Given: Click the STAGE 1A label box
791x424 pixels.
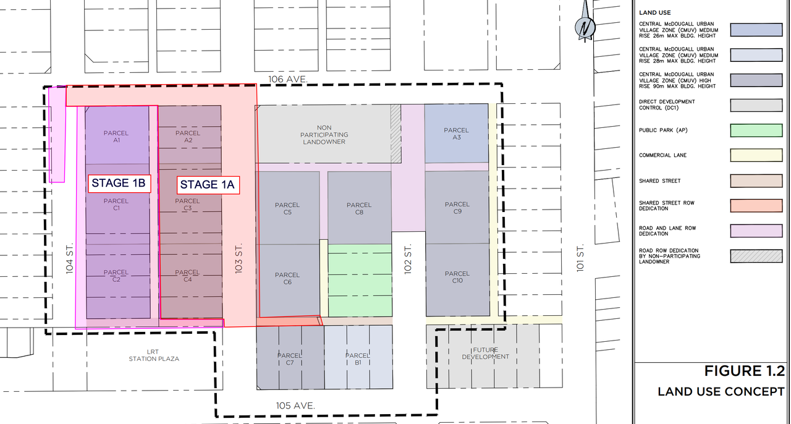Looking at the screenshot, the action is pos(208,185).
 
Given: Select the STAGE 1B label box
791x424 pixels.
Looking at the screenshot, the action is pos(119,184).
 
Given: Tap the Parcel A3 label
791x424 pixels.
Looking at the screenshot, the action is pos(457,134).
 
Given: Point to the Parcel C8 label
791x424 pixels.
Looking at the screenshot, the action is pos(359,208).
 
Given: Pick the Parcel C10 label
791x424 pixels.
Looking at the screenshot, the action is pos(457,277).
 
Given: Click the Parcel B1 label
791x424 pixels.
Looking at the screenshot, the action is pos(358,359).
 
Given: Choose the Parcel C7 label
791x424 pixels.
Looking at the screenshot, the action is pos(290,359).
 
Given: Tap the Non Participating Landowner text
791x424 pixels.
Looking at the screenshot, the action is pos(324,135).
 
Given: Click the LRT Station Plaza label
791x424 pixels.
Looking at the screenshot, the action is pos(154,355).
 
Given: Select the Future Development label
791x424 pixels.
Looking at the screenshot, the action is pos(486,354).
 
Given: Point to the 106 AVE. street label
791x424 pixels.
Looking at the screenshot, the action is pos(288,79).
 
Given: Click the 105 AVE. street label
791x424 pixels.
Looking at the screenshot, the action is pos(295,405).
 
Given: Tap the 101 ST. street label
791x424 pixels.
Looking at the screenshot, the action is pos(580,258).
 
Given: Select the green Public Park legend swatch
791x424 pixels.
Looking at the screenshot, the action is pos(756,130).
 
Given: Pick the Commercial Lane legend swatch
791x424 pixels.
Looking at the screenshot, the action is pos(756,156).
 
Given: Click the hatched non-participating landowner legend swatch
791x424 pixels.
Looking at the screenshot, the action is pos(756,256).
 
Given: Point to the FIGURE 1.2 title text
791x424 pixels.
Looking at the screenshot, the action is pos(745,371).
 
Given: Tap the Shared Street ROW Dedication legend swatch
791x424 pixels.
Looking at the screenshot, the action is pos(756,206).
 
